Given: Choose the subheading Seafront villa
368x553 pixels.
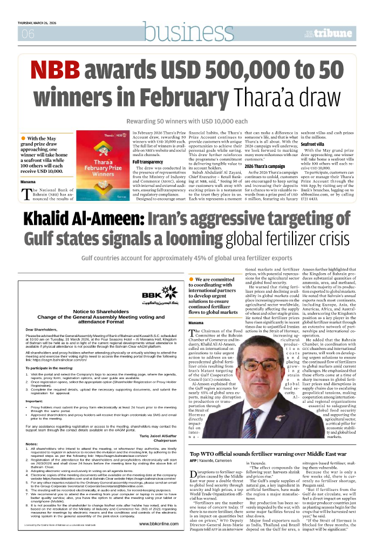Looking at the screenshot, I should pos(314,144).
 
